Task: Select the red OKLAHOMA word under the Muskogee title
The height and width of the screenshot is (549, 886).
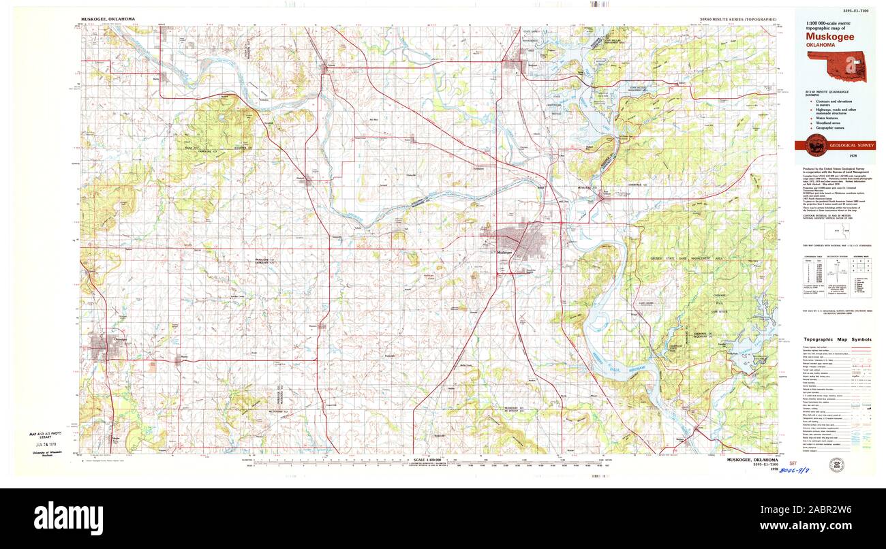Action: click(821, 45)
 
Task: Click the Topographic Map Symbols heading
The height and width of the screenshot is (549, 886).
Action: click(837, 339)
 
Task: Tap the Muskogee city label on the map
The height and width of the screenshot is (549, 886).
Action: click(504, 252)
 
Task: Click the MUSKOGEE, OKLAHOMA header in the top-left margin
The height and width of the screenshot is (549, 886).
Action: click(108, 20)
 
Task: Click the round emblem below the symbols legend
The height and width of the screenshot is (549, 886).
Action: click(835, 465)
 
